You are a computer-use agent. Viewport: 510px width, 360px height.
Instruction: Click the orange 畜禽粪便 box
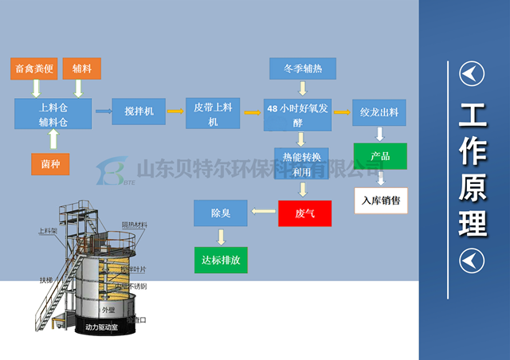click(x=35, y=69)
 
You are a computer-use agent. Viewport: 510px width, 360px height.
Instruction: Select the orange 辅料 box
click(x=82, y=69)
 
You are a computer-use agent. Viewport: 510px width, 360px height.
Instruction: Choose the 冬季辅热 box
click(x=303, y=68)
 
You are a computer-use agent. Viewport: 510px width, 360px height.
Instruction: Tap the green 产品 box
click(x=380, y=155)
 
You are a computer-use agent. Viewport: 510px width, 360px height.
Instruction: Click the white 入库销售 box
click(x=380, y=200)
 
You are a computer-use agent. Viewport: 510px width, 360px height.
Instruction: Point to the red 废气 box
click(x=304, y=213)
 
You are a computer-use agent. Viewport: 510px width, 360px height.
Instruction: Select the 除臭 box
click(x=221, y=213)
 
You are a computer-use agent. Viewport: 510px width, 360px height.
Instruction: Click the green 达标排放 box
click(x=221, y=260)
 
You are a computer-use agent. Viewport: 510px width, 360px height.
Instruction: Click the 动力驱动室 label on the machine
click(x=107, y=327)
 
